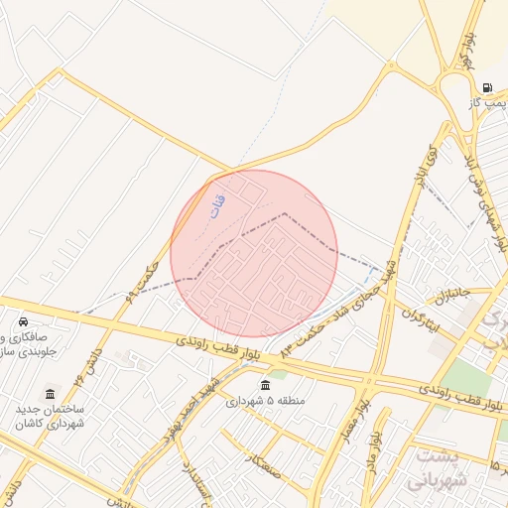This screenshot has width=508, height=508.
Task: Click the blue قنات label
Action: tap(218, 203)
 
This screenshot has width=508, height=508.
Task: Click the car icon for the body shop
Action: tap(23, 322)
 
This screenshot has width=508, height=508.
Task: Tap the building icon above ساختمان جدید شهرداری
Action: tap(51, 394)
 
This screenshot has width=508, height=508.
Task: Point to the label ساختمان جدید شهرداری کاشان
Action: tap(50, 416)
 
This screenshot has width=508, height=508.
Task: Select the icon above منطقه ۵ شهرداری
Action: tap(264, 386)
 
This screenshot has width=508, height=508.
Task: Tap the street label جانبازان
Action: tap(444, 294)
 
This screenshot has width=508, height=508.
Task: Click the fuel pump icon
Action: tap(487, 87)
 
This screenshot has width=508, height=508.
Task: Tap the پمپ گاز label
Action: tap(489, 103)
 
